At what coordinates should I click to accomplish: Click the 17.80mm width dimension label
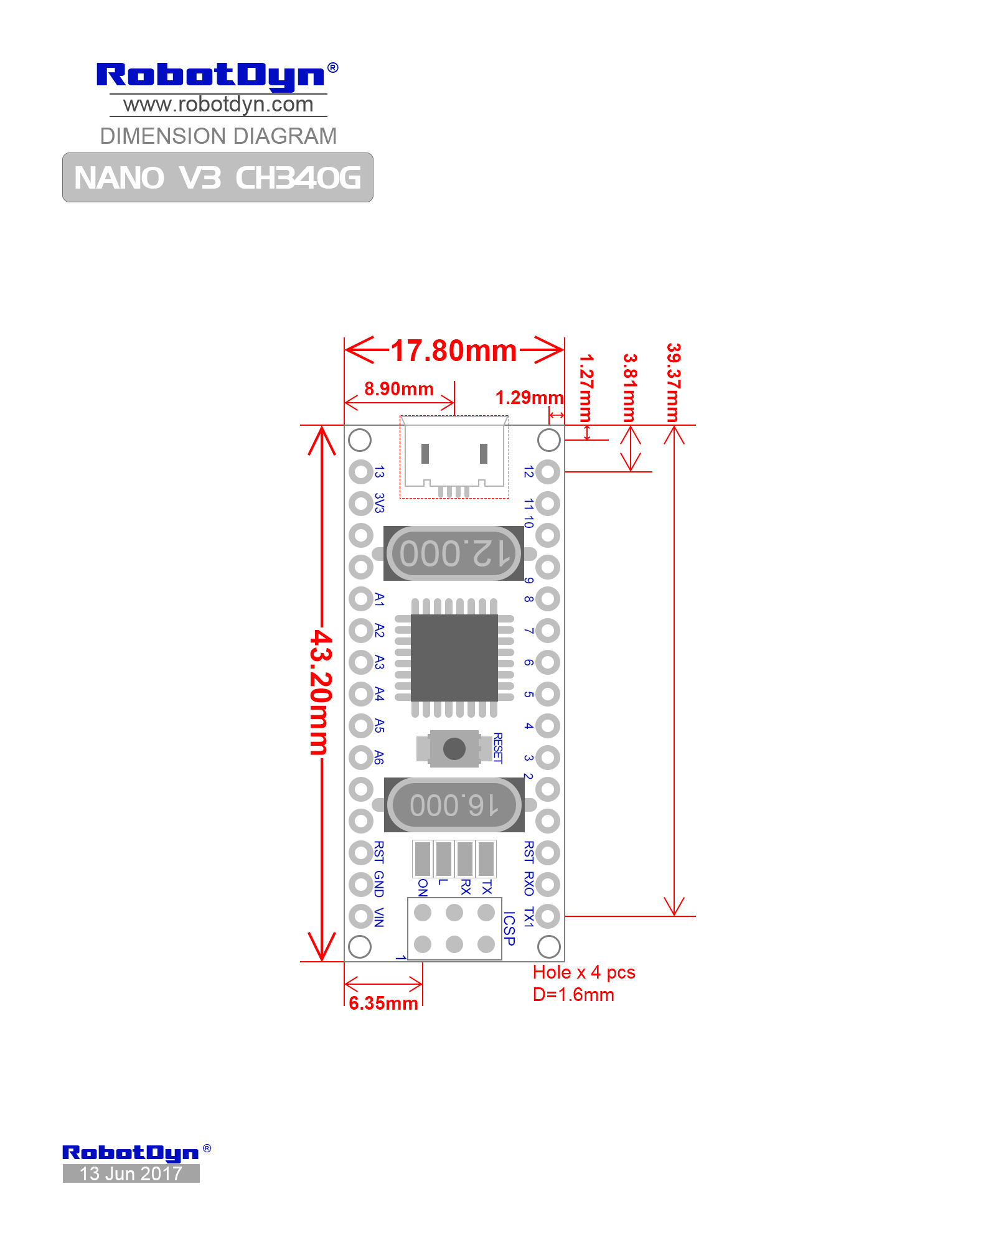coord(454,351)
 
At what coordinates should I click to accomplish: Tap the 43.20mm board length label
coord(321,692)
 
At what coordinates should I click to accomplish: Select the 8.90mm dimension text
coord(399,389)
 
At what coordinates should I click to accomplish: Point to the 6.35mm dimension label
coord(383,1003)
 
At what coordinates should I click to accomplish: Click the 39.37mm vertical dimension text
coord(674,382)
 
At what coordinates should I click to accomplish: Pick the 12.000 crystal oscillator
coord(454,553)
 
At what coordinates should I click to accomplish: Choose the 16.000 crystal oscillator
coord(454,805)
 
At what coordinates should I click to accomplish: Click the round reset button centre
coord(454,748)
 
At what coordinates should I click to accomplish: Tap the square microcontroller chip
coord(454,657)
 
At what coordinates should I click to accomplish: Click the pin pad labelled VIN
coord(360,916)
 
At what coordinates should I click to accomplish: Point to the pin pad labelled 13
coord(360,472)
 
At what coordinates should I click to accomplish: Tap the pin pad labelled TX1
coord(548,916)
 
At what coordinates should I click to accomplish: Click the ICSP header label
coord(509,928)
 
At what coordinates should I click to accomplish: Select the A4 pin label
coord(379,693)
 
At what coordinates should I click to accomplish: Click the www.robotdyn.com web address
coord(218,105)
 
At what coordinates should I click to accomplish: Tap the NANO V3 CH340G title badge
coord(218,177)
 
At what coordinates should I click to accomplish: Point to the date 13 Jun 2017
coord(131,1173)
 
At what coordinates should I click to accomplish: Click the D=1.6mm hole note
coord(573,995)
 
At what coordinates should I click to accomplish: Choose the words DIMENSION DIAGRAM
coord(218,136)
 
